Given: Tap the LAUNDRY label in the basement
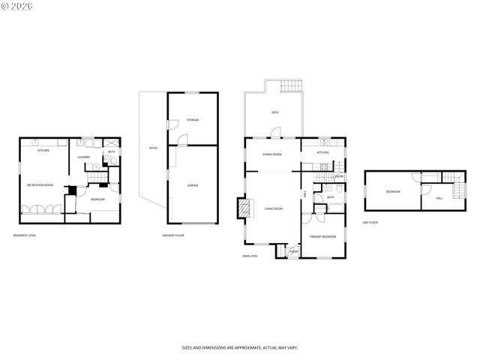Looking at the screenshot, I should coord(85,157).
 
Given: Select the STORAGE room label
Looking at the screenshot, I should coord(193,120).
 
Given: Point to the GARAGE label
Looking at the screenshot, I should coord(193,184).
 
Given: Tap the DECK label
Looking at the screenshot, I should coord(275,112).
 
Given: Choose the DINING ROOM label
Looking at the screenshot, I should coord(271,154).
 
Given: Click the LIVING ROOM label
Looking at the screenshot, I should coord(272,208).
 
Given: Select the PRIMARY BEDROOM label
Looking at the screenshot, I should coord(322,236).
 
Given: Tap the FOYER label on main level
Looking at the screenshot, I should coord(293,251).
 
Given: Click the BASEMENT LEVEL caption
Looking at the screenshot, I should coord(25,235).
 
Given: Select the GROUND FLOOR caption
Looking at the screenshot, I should coord(173,235).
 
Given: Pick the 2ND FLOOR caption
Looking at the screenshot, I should coord(370,223).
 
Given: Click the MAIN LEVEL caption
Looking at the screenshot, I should coord(250,256).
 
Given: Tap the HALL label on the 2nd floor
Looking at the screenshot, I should coord(439,198).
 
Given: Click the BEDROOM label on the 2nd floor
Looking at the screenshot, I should coord(393,192).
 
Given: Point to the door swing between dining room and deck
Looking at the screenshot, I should coord(276,133).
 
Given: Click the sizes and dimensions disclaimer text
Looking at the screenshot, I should coord(239,347).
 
